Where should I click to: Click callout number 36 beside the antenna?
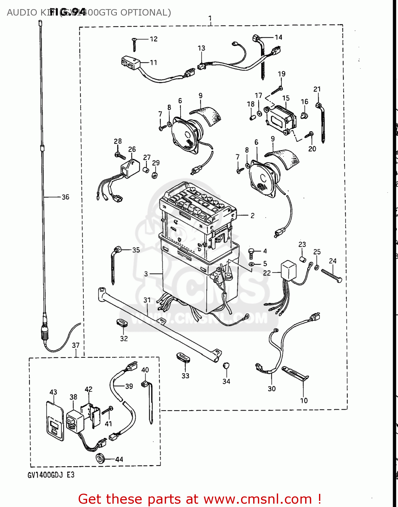[65, 197]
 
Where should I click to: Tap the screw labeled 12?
[134, 44]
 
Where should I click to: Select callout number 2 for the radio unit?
[252, 216]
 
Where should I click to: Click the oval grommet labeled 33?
[183, 357]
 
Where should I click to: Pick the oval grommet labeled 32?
[123, 322]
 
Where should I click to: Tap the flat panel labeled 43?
[55, 421]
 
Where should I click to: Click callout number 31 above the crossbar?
[147, 300]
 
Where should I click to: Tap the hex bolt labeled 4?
[251, 253]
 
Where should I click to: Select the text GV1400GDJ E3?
[51, 475]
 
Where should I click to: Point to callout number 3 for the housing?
[146, 274]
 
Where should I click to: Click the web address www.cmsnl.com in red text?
[258, 499]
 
